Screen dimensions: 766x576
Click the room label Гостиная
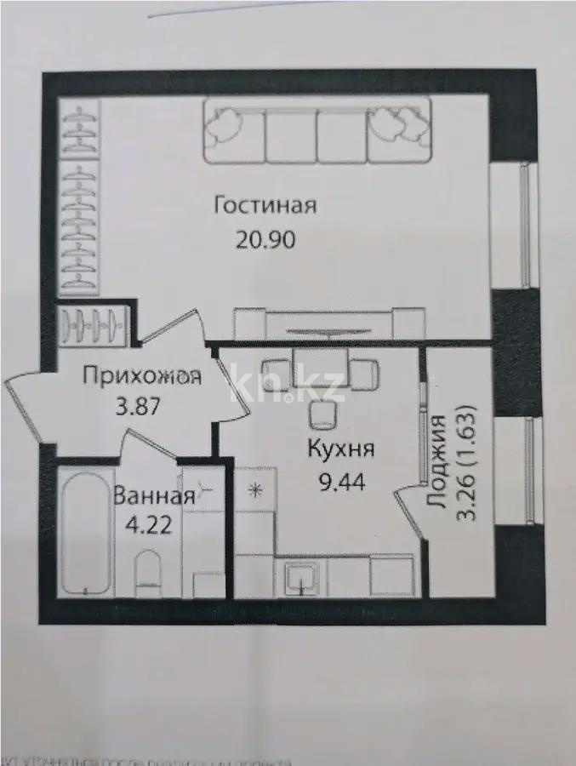pos(265,206)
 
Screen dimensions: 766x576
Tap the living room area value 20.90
pos(265,239)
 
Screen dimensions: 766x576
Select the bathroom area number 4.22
pos(148,523)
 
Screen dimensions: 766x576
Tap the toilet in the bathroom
pos(149,569)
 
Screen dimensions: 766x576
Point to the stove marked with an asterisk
pos(254,489)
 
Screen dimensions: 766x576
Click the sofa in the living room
pos(317,131)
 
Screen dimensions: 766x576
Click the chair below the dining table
pos(322,415)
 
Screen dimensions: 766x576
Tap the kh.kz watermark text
pos(288,388)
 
